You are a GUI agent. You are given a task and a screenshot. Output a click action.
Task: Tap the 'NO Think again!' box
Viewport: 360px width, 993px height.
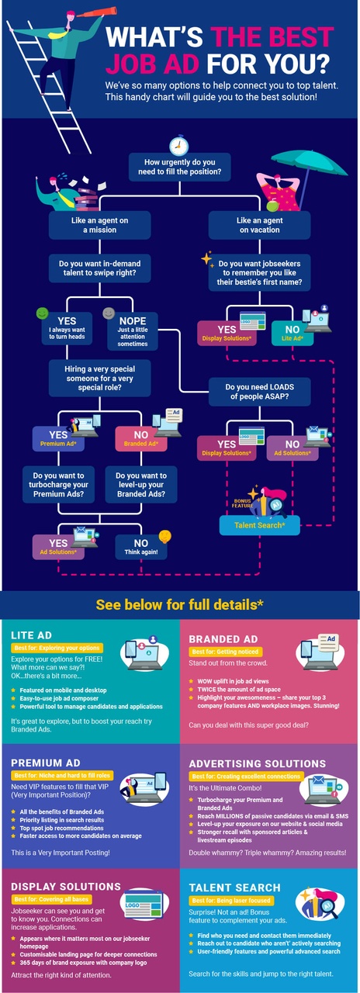click(141, 549)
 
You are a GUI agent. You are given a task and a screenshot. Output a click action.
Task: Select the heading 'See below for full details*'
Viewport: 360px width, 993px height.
click(179, 604)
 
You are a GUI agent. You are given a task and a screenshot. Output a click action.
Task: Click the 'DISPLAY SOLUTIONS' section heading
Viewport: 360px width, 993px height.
click(67, 886)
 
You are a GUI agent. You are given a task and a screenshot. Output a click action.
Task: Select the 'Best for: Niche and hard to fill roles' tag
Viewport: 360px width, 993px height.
click(61, 775)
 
